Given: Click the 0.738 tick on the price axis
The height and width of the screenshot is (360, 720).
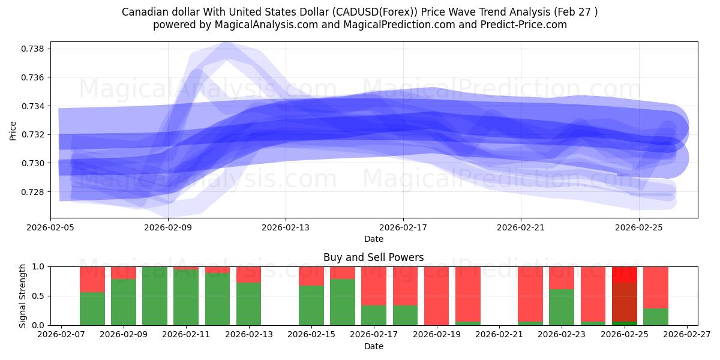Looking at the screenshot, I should (x=34, y=49).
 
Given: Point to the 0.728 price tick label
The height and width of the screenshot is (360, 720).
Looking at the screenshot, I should (x=34, y=192).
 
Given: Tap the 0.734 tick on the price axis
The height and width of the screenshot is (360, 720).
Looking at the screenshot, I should (x=34, y=106).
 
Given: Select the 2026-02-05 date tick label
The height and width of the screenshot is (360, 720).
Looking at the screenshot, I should (x=50, y=228).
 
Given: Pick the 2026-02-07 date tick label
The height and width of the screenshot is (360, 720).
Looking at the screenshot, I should (x=61, y=335).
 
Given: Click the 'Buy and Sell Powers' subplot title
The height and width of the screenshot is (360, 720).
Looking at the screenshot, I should (x=373, y=257).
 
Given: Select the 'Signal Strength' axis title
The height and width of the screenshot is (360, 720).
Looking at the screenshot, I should (x=23, y=296).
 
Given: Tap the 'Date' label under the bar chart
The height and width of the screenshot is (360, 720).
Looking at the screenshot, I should (x=373, y=346).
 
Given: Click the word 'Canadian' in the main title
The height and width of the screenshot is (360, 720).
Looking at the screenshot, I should (x=144, y=12).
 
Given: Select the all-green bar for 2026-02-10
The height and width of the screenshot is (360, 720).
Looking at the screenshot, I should (x=155, y=296).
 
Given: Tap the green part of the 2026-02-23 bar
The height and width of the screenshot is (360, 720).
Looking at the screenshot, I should (x=562, y=307).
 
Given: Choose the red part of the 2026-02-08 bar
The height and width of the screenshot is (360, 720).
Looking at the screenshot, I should (x=92, y=279).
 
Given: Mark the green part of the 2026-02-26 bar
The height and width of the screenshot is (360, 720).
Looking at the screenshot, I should (x=656, y=317).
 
